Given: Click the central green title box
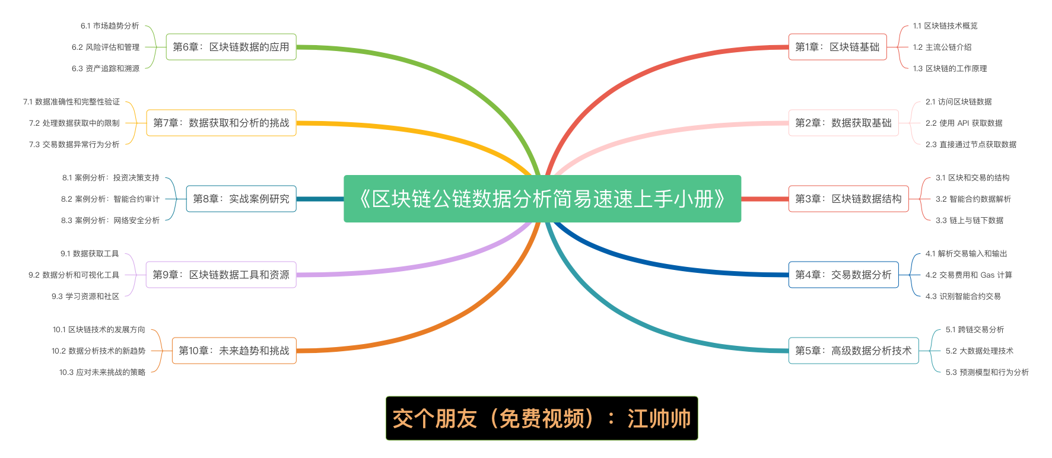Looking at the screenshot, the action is (x=542, y=199).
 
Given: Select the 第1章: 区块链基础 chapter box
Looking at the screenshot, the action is (x=837, y=47).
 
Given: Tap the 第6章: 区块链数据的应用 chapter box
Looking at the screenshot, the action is (x=231, y=47).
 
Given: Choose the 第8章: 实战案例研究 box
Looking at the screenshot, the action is (x=241, y=199).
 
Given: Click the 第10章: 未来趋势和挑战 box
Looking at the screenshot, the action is (x=234, y=351).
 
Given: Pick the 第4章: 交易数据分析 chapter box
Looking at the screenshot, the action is (x=843, y=275).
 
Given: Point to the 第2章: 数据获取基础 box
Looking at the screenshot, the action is (x=843, y=123).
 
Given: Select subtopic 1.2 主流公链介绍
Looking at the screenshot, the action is (x=942, y=47).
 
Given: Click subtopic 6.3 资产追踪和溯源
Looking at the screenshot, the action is (x=106, y=68).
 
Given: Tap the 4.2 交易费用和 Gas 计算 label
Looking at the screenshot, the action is (x=968, y=275).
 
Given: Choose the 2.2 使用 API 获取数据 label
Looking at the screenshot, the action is (x=964, y=123).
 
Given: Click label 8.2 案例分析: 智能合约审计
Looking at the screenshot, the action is (x=110, y=199).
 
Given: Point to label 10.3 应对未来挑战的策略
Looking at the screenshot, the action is (x=102, y=372).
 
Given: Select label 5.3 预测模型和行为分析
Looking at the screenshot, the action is (x=987, y=372).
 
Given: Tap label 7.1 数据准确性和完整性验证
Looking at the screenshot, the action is (x=71, y=101).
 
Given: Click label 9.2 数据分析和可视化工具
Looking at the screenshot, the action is (x=74, y=275).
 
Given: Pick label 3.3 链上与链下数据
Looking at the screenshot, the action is (x=969, y=220).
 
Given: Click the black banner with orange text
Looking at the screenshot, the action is (x=542, y=418).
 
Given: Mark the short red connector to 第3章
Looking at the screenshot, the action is (x=765, y=199).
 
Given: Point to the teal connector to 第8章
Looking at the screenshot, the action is (x=320, y=199).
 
